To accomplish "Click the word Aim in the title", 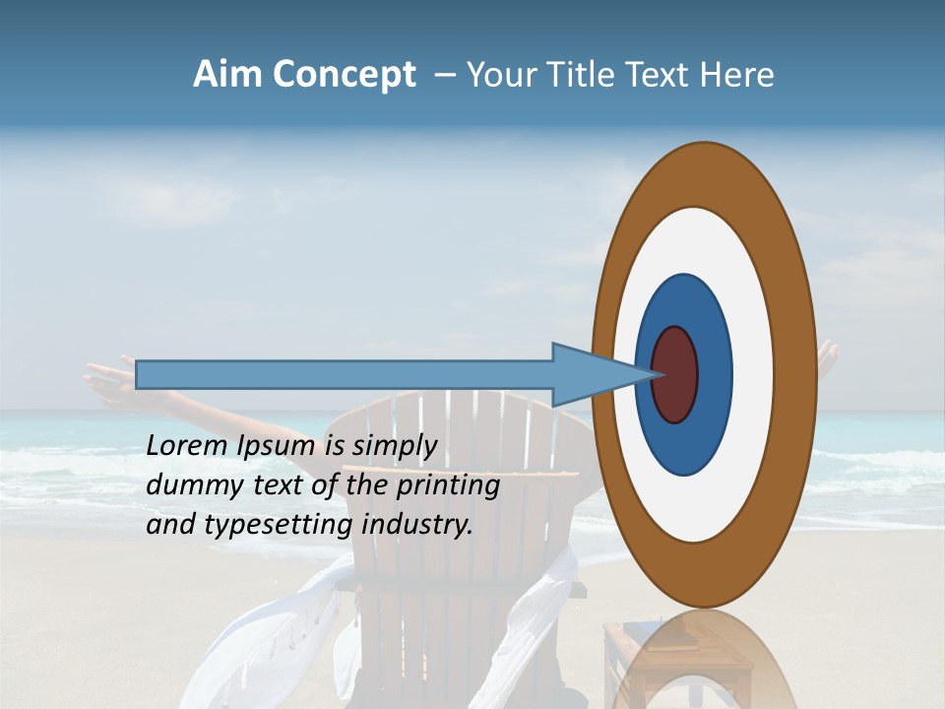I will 228,75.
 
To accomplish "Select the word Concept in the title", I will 345,75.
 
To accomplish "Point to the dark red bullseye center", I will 674,374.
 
